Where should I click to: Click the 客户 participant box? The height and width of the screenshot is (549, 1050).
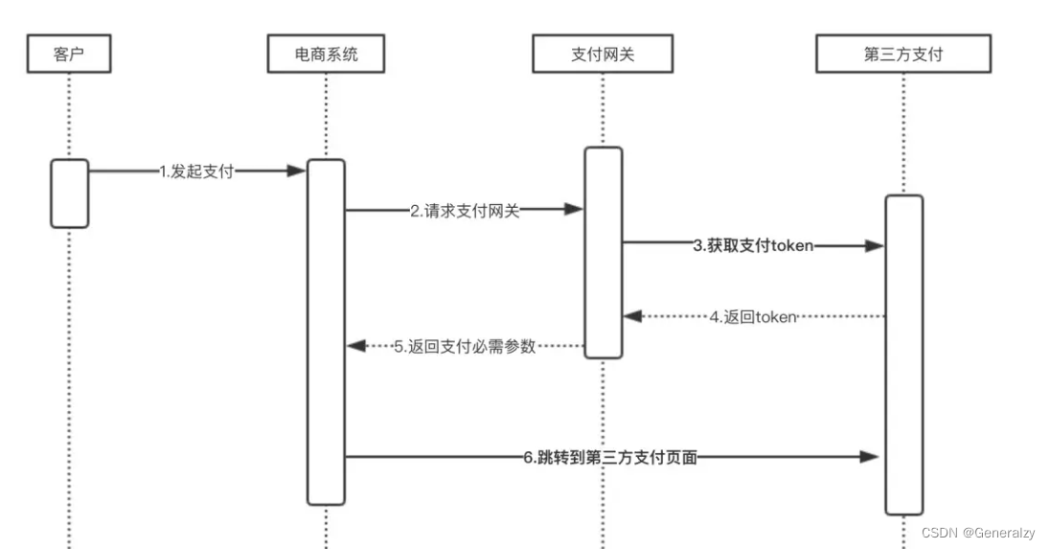click(x=69, y=55)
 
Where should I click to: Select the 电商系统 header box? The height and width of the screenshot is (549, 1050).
click(x=326, y=55)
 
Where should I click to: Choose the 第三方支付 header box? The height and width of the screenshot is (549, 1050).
click(x=902, y=55)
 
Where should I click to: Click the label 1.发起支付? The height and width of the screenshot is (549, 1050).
click(x=196, y=172)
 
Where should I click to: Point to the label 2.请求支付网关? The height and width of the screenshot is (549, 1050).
click(x=465, y=211)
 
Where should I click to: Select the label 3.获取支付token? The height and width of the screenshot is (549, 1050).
click(x=753, y=245)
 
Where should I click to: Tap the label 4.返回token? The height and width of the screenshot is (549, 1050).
click(x=753, y=316)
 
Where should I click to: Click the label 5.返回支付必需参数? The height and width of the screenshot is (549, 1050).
click(x=465, y=347)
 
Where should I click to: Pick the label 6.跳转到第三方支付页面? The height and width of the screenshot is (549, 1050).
click(x=610, y=458)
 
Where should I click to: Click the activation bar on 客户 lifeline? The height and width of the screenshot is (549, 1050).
click(x=70, y=194)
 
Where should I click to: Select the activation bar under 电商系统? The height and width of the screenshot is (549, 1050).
click(x=326, y=331)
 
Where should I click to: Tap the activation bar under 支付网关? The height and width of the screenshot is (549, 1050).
click(x=604, y=252)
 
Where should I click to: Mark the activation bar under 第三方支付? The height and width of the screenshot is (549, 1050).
click(x=903, y=355)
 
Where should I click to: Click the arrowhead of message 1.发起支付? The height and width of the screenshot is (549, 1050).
click(x=297, y=172)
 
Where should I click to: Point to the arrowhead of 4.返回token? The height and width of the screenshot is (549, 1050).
click(x=631, y=316)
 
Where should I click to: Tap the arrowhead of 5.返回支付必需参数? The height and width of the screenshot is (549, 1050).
click(x=354, y=347)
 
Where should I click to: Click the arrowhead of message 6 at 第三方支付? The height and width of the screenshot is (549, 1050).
click(x=870, y=458)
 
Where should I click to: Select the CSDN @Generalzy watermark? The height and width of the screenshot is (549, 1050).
click(x=978, y=533)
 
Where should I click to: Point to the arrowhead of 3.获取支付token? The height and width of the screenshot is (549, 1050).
click(x=874, y=246)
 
